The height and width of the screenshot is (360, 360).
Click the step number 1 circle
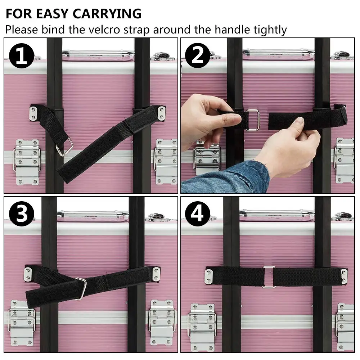[x=22, y=56]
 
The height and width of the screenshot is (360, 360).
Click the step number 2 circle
[x=198, y=56]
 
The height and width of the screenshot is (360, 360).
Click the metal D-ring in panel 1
[x=64, y=147]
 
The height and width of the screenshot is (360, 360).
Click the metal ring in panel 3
[x=81, y=288]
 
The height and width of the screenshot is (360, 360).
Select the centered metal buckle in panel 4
[x=269, y=277]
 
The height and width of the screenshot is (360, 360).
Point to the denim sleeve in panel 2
[x=227, y=178]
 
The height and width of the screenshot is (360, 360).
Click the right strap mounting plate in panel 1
[x=161, y=113]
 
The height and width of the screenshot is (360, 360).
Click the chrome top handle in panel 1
[x=98, y=55]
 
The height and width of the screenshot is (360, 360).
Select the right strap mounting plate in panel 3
[x=156, y=274]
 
